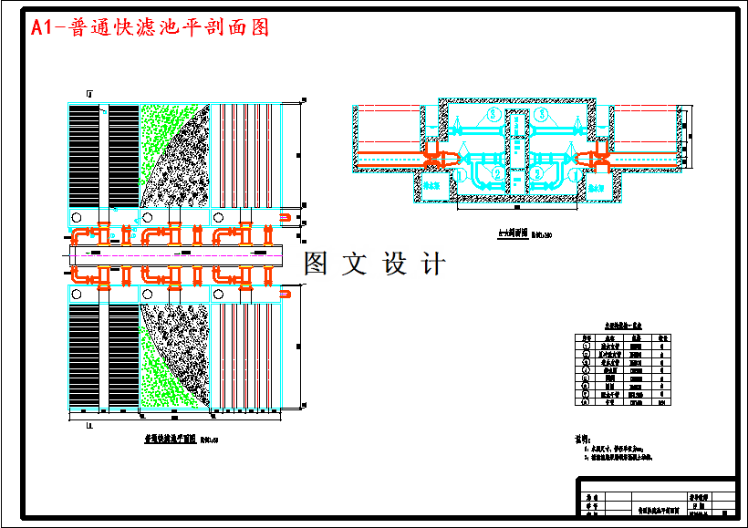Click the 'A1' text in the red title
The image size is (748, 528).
click(x=42, y=27)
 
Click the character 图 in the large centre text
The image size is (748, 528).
click(x=315, y=264)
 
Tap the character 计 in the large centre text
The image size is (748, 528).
click(x=433, y=264)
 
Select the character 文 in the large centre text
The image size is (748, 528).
click(x=354, y=264)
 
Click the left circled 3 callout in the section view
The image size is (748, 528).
click(x=493, y=115)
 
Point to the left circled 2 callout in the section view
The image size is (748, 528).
click(x=496, y=172)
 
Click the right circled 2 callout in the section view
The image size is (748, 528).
click(x=538, y=172)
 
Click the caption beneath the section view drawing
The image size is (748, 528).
click(x=513, y=233)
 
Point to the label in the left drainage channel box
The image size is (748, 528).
click(x=432, y=185)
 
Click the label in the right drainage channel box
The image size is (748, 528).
click(x=599, y=185)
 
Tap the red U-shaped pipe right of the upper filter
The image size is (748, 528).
click(x=286, y=217)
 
